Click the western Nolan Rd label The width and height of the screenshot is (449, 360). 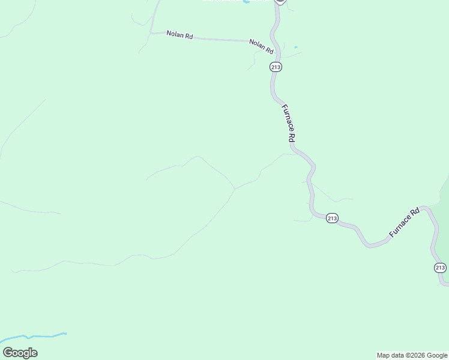(x=179, y=35)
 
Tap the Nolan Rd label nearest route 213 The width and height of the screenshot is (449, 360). (x=261, y=46)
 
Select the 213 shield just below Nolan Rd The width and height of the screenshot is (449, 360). (x=276, y=67)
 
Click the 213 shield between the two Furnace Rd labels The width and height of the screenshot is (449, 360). (x=333, y=218)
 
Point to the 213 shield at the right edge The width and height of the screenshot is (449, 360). (x=440, y=268)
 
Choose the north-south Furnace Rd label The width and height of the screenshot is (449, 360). (x=289, y=123)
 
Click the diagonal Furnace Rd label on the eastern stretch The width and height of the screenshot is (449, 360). (x=404, y=223)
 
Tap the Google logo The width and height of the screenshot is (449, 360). (x=20, y=353)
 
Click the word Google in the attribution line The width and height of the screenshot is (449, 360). (x=438, y=355)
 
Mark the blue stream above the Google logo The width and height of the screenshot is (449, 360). (x=30, y=337)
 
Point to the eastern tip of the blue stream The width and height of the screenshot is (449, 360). (x=65, y=333)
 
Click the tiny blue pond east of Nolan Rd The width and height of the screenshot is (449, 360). (x=296, y=47)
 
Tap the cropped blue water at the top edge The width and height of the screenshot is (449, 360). (x=246, y=2)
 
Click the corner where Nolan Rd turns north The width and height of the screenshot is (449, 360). (x=152, y=31)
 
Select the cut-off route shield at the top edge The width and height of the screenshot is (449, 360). (x=280, y=2)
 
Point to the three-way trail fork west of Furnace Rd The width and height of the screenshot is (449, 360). (x=234, y=189)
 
